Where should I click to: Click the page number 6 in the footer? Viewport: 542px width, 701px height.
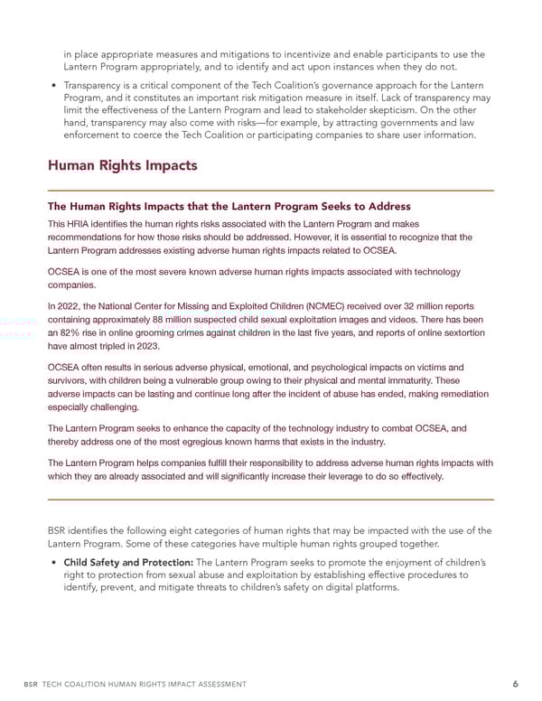coord(490,684)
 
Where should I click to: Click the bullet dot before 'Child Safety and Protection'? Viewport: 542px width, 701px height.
coord(52,562)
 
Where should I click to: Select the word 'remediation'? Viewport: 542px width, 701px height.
coord(456,394)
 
